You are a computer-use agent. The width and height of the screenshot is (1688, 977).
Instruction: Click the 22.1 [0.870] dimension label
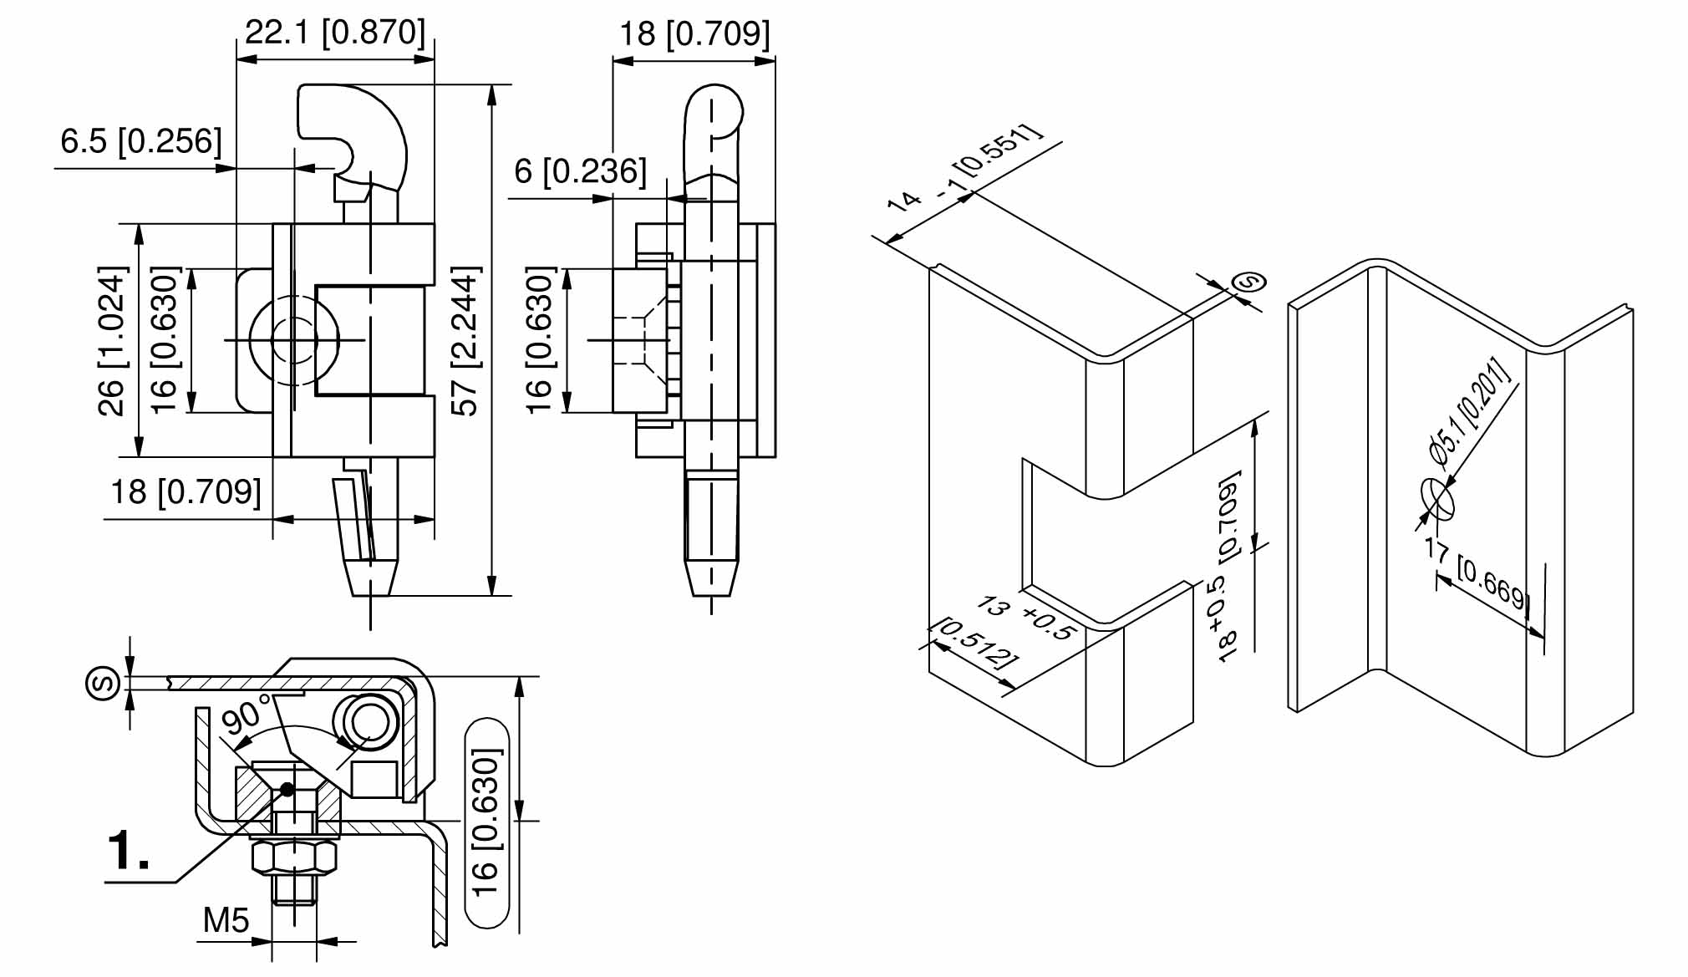335,33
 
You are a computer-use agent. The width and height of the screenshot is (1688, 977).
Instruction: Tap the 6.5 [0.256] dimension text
141,140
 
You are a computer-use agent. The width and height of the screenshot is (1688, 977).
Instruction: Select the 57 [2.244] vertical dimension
465,341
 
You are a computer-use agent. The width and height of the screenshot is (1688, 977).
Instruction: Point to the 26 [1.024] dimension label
112,341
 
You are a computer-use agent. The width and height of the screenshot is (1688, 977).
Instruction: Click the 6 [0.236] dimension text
580,171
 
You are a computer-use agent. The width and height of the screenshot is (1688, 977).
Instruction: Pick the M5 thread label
226,920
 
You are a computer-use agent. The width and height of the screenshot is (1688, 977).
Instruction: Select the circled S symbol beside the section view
104,684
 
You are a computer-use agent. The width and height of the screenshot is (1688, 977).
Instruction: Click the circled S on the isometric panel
1249,282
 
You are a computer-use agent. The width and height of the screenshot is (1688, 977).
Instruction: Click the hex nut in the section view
295,857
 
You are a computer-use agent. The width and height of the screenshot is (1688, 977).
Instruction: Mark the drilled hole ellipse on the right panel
1437,499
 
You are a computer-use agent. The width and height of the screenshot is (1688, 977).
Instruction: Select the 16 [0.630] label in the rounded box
486,823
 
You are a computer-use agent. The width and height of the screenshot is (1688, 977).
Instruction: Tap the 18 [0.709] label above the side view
694,34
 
